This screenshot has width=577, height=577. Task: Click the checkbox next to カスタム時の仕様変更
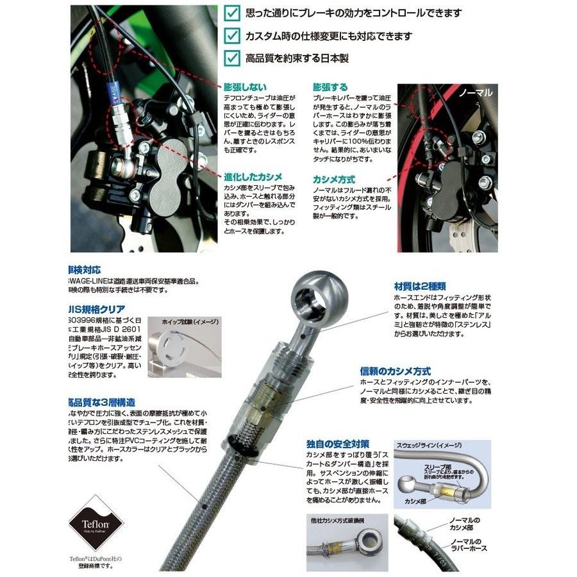point(232,36)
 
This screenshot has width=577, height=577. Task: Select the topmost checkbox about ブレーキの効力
point(232,13)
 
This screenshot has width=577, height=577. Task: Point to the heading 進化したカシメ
point(253,177)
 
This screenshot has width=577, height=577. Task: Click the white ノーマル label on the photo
point(476,92)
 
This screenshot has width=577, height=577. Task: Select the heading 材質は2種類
point(419,286)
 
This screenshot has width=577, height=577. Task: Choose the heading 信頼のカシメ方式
point(395,371)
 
